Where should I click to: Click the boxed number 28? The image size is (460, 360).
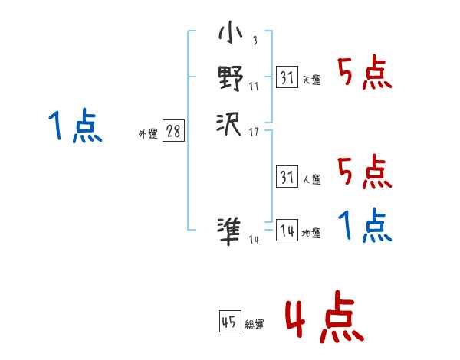pyautogui.click(x=173, y=131)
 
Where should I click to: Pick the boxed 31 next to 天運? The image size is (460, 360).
pyautogui.click(x=287, y=77)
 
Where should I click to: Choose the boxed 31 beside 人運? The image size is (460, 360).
pyautogui.click(x=287, y=177)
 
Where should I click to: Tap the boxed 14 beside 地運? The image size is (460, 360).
pyautogui.click(x=287, y=231)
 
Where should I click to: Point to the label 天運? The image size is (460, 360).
pyautogui.click(x=312, y=80)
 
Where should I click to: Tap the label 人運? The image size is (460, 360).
pyautogui.click(x=312, y=179)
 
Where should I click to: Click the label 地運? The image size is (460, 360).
pyautogui.click(x=312, y=233)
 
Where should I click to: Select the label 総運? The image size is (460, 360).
pyautogui.click(x=255, y=325)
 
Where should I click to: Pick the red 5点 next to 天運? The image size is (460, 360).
pyautogui.click(x=364, y=74)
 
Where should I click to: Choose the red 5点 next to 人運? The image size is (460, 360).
pyautogui.click(x=364, y=172)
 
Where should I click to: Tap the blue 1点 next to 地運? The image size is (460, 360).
pyautogui.click(x=364, y=226)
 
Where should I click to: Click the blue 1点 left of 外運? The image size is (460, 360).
pyautogui.click(x=74, y=126)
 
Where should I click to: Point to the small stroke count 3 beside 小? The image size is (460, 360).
pyautogui.click(x=255, y=41)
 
